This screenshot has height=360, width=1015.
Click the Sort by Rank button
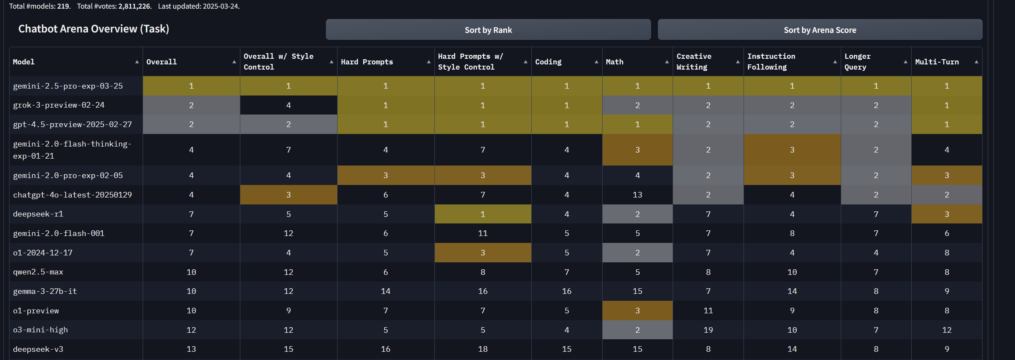488,30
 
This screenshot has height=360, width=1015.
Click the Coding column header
548,62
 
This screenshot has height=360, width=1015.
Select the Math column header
614,62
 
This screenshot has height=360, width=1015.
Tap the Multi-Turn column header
937,62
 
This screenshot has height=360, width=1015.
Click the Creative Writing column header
694,62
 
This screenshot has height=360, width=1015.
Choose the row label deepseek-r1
38,214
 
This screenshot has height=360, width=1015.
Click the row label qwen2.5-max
38,272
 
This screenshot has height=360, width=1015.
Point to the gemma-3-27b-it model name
45,291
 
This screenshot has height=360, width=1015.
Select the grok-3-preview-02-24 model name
59,105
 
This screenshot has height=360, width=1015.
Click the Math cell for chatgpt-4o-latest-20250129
637,195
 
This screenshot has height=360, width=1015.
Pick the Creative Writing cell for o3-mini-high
708,330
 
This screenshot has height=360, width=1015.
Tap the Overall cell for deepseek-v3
191,349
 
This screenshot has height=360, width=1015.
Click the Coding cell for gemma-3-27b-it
566,291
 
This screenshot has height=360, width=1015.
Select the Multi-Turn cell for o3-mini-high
947,330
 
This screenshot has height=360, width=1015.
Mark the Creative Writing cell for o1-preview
708,311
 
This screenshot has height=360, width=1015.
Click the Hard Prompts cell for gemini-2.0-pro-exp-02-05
386,175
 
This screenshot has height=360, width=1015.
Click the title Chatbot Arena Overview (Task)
93,29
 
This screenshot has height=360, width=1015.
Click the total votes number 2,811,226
134,6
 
